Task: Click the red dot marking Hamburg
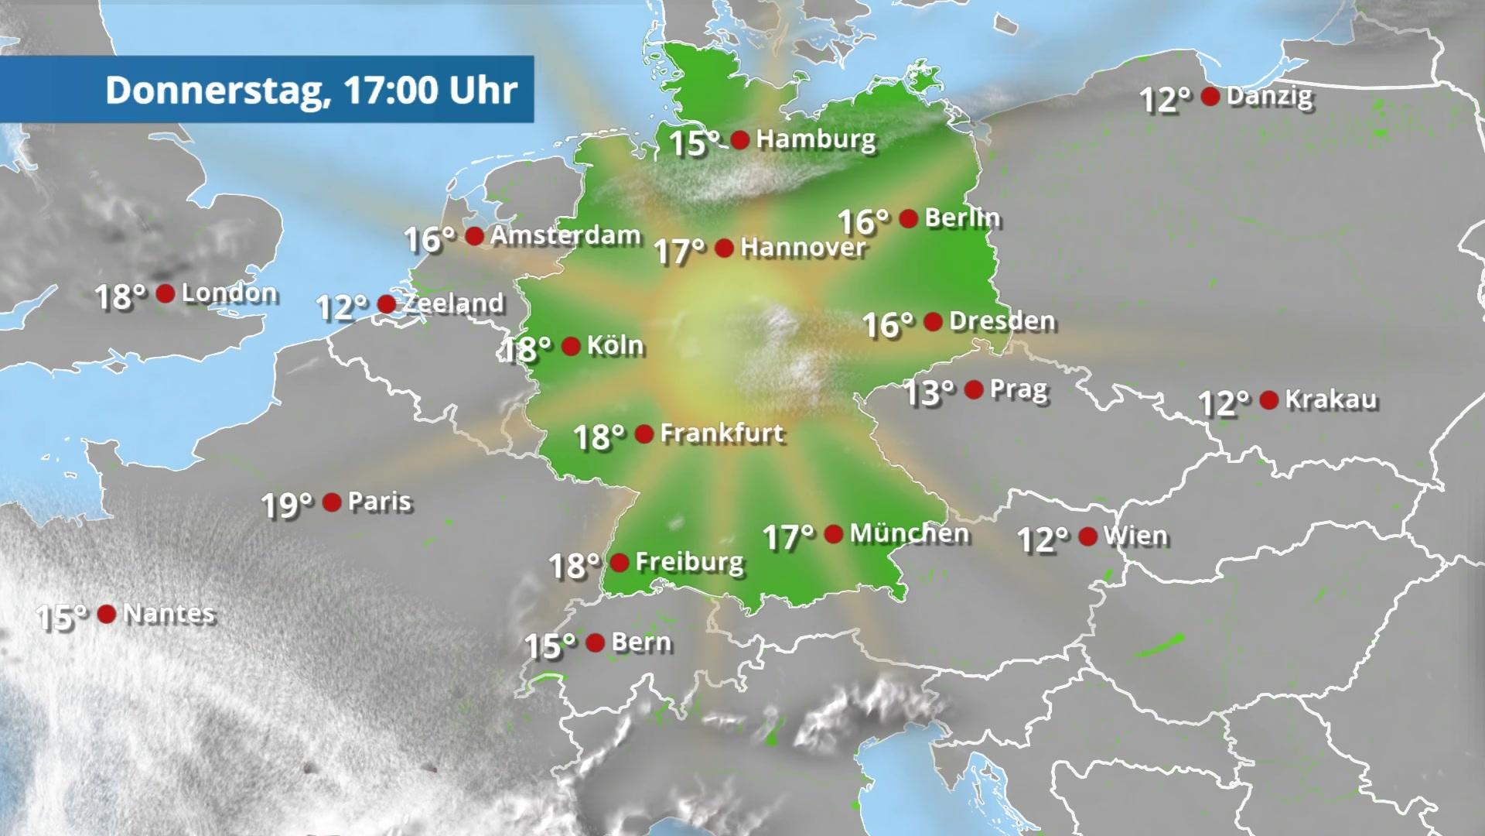coord(740,140)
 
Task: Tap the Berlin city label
coord(962,218)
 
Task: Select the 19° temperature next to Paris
coord(287,505)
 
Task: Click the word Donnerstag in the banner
coord(213,90)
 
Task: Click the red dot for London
coord(165,293)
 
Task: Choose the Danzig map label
coord(1269,97)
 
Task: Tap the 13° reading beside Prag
coord(930,393)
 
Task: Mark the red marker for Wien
coord(1087,536)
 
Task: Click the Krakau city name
coord(1330,400)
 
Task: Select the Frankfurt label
coord(722,433)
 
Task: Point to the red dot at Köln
coord(571,346)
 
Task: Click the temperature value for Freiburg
coord(574,567)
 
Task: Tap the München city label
coord(909,533)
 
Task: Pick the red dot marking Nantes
coord(107,614)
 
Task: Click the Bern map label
coord(641,642)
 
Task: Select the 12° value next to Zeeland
coord(341,308)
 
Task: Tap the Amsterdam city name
coord(565,235)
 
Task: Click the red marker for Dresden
coord(933,321)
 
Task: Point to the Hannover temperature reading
coord(679,252)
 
